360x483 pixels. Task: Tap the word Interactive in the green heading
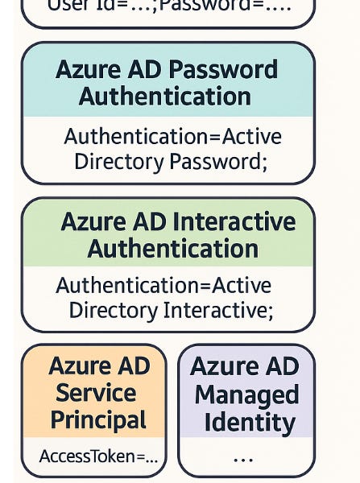235,221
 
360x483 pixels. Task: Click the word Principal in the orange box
98,420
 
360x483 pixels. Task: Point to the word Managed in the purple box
246,395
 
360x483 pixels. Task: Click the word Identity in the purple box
249,423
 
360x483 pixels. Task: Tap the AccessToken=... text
98,456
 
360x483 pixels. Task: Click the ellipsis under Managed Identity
242,459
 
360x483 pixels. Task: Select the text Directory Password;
170,161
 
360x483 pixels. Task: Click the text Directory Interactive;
171,309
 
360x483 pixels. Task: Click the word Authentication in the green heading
172,248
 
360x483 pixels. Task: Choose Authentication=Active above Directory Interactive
163,285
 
